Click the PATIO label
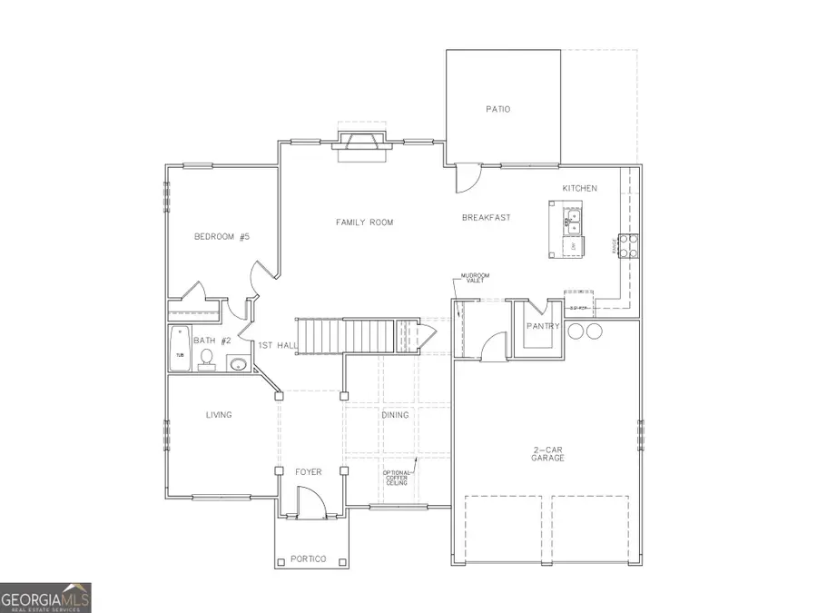tap(497, 109)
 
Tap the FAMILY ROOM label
tap(364, 222)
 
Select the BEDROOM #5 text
tap(221, 237)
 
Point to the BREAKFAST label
tap(486, 217)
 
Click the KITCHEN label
tap(579, 188)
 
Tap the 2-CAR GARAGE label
tap(548, 453)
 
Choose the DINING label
tap(395, 415)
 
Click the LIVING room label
tap(219, 415)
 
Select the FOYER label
tap(309, 471)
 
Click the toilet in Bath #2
tap(206, 361)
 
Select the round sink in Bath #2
tap(237, 364)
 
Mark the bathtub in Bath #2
tap(180, 350)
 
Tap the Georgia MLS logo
tap(45, 598)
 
